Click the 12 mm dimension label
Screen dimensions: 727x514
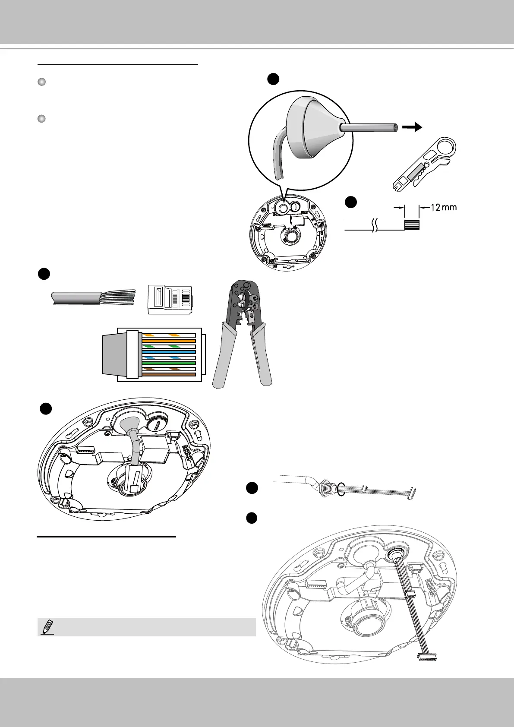click(x=444, y=208)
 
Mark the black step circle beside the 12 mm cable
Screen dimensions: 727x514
click(x=351, y=202)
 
